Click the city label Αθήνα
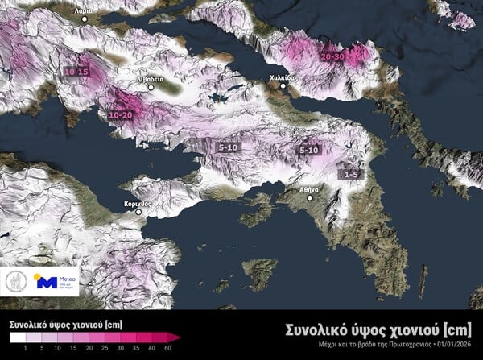point(310,189)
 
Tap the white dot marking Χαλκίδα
point(283,86)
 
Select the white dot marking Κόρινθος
point(138,213)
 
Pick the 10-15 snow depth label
point(76,72)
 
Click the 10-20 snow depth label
point(120,115)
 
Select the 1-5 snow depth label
point(351,173)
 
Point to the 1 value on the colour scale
point(27,350)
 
